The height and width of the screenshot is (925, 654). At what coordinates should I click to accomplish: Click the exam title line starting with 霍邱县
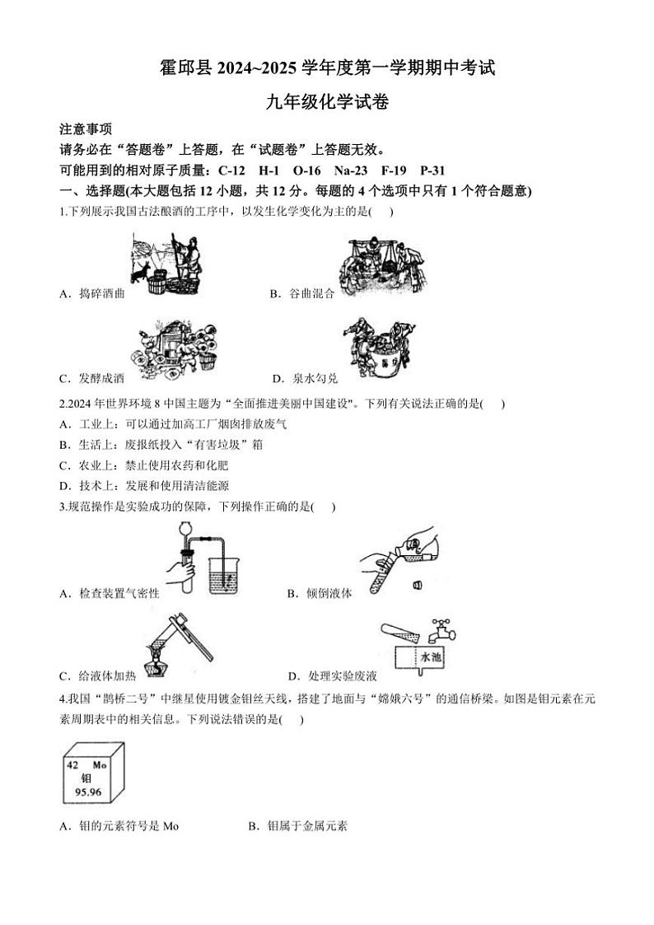(326, 68)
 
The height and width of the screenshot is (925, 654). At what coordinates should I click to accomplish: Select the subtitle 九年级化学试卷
(326, 102)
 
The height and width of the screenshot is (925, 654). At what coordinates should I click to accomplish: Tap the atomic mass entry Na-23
(351, 171)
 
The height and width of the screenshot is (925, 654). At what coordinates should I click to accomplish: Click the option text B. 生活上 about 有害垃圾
(161, 445)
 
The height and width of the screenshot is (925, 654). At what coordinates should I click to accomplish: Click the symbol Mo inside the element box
(100, 765)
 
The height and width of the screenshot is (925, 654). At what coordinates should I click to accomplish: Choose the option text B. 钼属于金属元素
(298, 825)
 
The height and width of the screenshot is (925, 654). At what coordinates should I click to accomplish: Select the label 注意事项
(86, 129)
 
